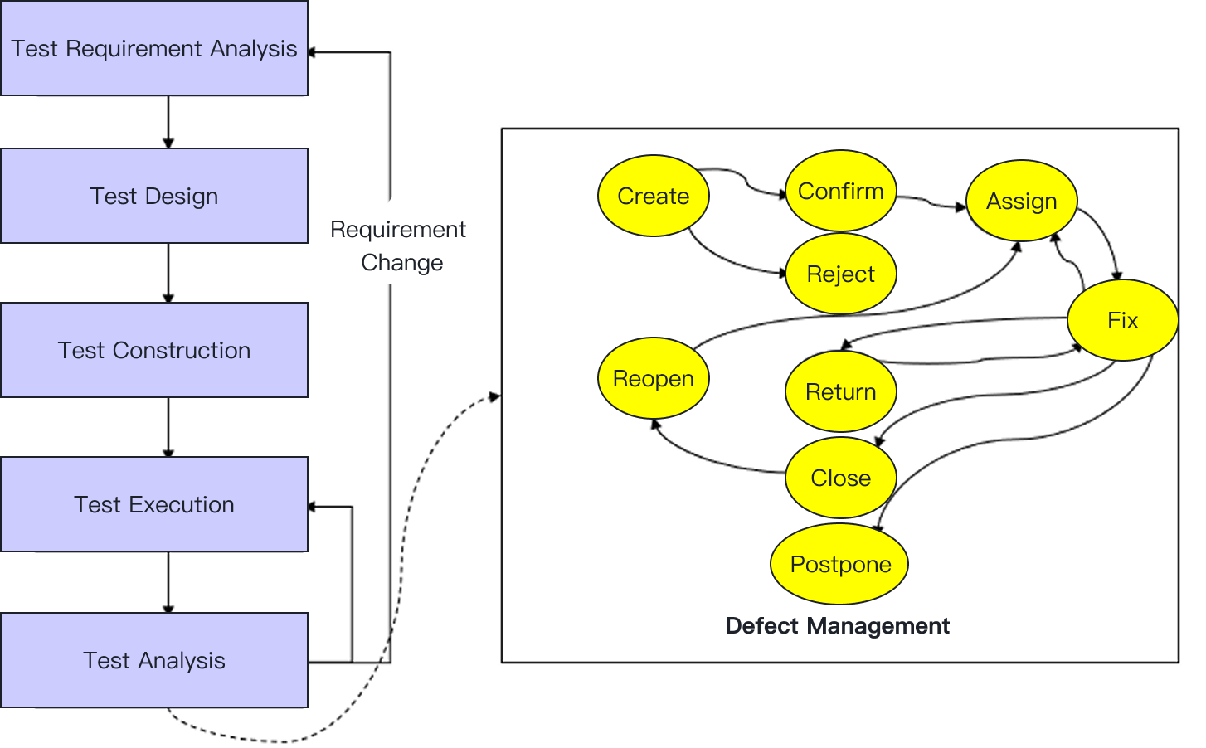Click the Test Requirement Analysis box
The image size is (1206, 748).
tap(154, 49)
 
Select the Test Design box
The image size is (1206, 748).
tap(154, 197)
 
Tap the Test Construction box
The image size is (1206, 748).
tap(154, 350)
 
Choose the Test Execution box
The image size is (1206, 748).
tap(154, 504)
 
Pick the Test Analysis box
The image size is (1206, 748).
tap(154, 660)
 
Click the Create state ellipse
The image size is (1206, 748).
tap(653, 197)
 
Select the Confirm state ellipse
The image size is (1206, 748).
tap(840, 192)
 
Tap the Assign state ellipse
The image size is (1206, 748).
tap(1021, 202)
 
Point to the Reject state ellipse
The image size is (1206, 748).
tap(840, 274)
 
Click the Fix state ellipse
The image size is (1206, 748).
tap(1122, 321)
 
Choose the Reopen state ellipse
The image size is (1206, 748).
tap(653, 379)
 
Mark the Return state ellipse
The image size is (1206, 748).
tap(840, 392)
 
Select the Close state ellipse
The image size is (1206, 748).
tap(840, 478)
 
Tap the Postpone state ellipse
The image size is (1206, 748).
tap(840, 565)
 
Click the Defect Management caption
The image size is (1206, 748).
tap(837, 626)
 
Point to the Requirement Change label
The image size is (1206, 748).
tap(399, 246)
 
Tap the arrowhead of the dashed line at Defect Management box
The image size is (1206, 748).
tap(495, 397)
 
